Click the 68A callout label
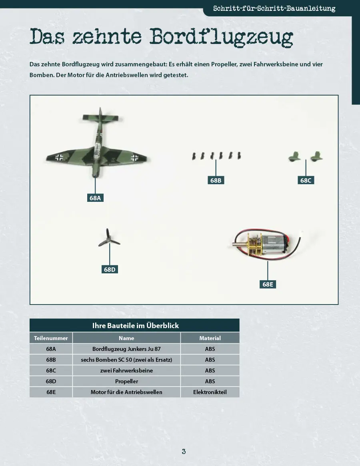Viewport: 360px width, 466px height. coord(95,198)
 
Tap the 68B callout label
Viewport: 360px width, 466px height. coord(216,180)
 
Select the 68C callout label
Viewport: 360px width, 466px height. coord(306,180)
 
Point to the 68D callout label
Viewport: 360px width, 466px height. coord(110,269)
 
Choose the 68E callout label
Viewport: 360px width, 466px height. coord(268,284)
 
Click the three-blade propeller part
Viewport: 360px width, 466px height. coord(109,238)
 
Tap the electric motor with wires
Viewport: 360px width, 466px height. coord(266,243)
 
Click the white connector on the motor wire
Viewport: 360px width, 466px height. coord(302,232)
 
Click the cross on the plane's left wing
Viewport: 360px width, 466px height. coord(59,157)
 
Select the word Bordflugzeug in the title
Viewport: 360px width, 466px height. coord(221,37)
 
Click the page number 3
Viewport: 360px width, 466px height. coord(184,451)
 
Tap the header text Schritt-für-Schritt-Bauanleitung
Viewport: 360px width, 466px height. coord(274,8)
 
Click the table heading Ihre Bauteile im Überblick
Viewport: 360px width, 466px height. coord(135,325)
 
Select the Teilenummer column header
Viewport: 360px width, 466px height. coord(51,338)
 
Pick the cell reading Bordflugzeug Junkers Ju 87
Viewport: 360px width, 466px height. coord(126,349)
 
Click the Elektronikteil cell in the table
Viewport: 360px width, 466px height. coord(210,392)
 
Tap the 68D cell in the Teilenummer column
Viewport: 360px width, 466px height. coord(51,381)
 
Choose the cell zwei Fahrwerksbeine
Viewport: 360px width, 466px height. coord(126,370)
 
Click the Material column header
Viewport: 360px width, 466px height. coord(210,338)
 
